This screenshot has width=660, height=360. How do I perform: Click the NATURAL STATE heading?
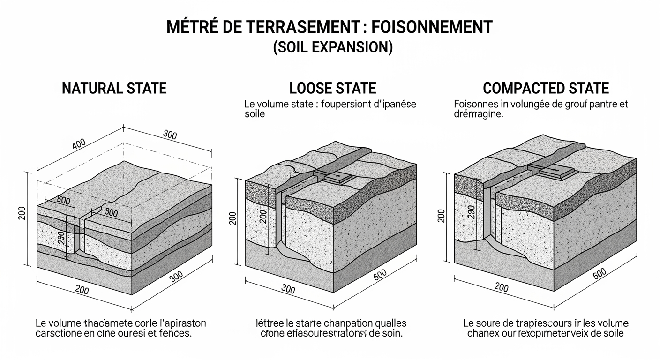pyautogui.click(x=114, y=88)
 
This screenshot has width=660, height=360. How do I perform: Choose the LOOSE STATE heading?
pyautogui.click(x=332, y=88)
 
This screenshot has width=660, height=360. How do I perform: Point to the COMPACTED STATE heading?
pyautogui.click(x=546, y=88)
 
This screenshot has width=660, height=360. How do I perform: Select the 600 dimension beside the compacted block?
pyautogui.click(x=599, y=275)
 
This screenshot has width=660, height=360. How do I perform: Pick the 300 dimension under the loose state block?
pyautogui.click(x=288, y=289)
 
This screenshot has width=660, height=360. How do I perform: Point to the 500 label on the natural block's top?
pyautogui.click(x=62, y=201)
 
